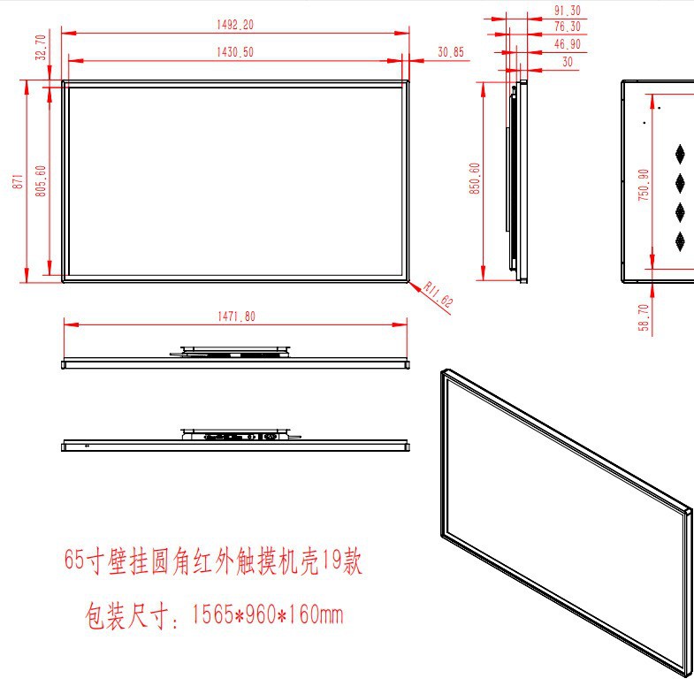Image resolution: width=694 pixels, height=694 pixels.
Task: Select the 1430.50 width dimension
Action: click(234, 52)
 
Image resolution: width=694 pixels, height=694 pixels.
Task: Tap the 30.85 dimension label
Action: click(450, 53)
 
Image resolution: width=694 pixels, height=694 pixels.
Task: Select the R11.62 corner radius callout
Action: click(439, 294)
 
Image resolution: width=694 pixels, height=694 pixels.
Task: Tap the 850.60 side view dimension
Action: click(475, 179)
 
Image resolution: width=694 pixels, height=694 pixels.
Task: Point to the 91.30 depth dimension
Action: click(567, 11)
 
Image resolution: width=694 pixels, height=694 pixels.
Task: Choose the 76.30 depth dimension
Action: click(567, 27)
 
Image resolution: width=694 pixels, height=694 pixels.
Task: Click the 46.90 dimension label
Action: click(567, 44)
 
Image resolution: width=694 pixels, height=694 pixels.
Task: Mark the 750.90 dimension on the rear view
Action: click(644, 184)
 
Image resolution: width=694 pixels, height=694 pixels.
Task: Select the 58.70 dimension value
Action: click(644, 318)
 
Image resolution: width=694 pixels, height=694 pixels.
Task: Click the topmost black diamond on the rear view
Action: click(681, 153)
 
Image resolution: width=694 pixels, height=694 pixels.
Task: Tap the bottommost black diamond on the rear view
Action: click(681, 240)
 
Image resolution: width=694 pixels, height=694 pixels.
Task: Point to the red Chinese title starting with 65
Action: click(213, 561)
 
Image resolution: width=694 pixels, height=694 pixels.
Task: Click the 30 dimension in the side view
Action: click(567, 62)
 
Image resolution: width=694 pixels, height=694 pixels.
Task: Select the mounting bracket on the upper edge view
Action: click(234, 352)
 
